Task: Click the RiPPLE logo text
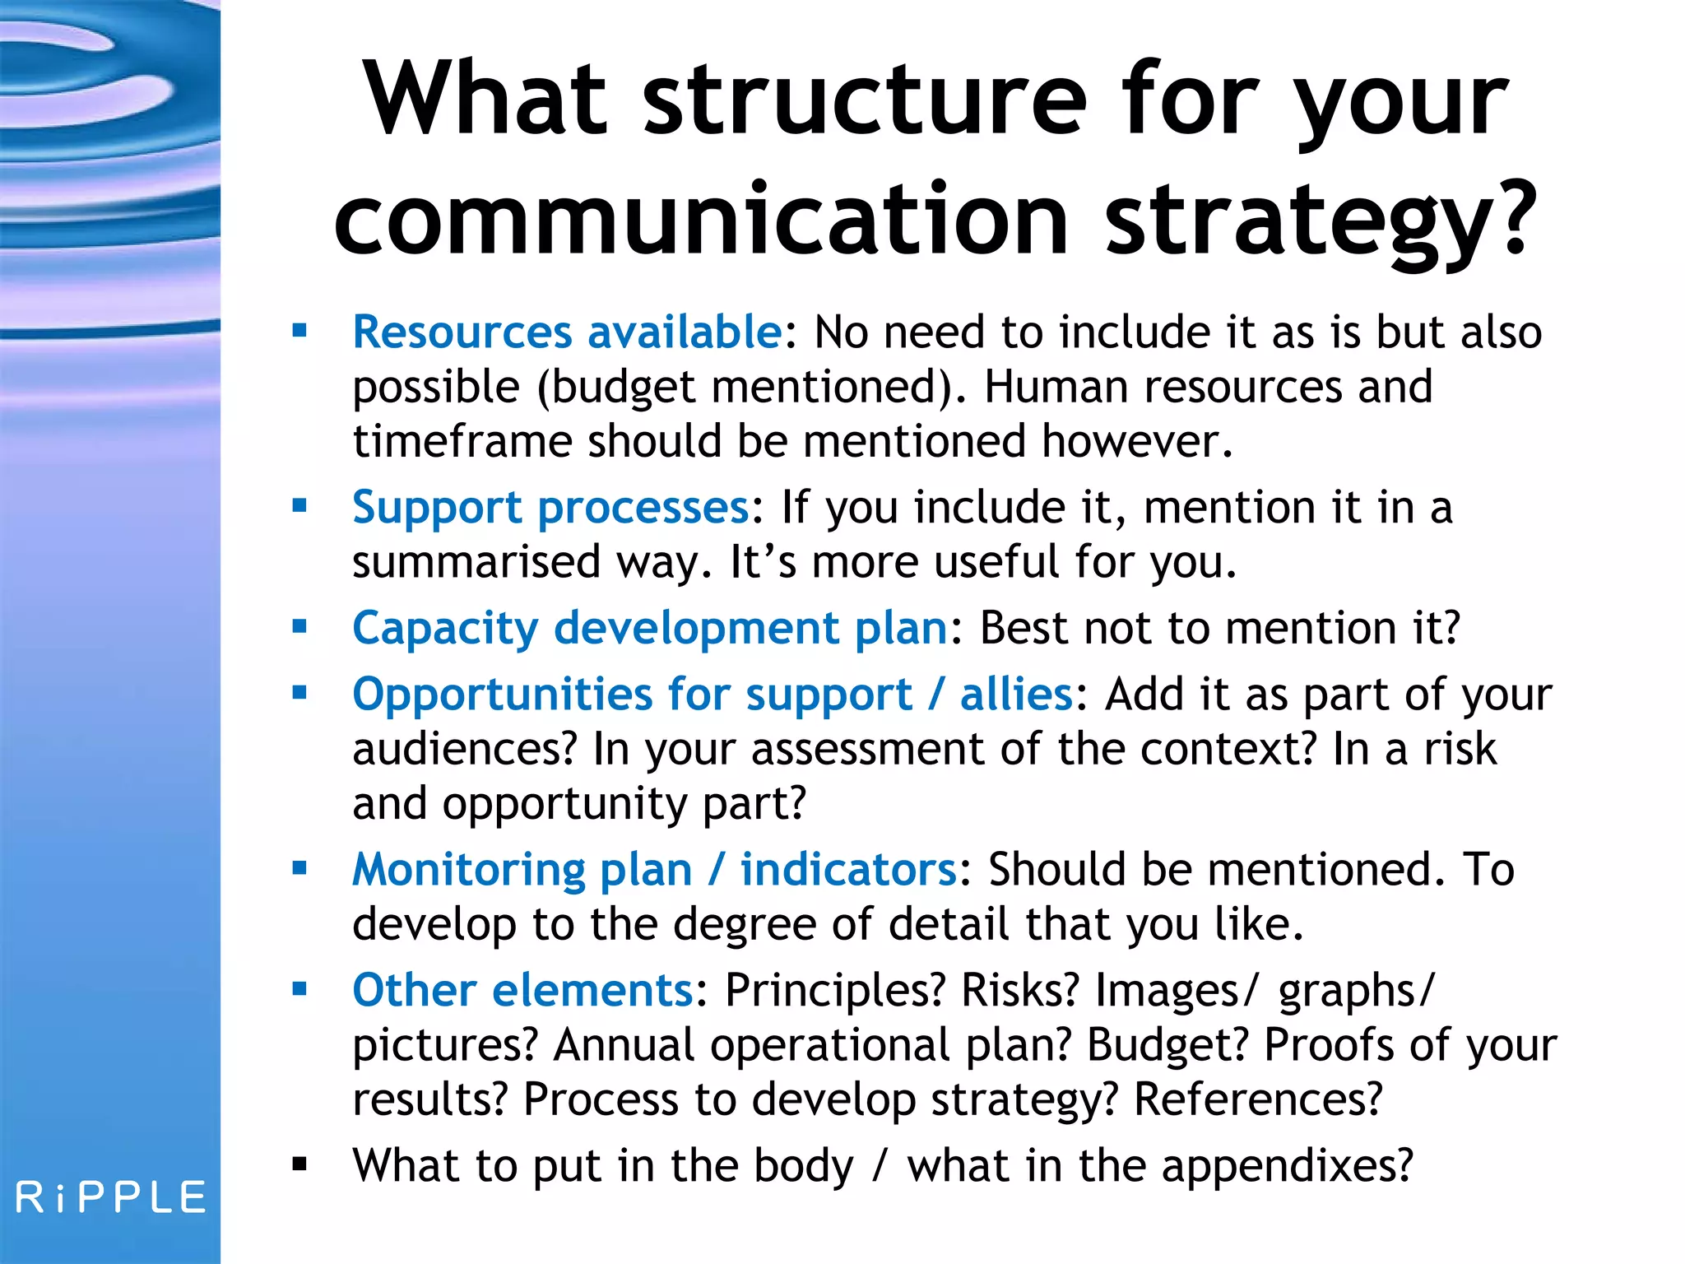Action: click(x=110, y=1197)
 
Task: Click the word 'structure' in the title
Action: click(x=865, y=100)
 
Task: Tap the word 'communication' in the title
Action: click(x=700, y=221)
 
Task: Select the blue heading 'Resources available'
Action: click(x=567, y=332)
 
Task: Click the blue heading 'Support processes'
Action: click(x=550, y=507)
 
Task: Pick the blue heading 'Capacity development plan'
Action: click(x=650, y=628)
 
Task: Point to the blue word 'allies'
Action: click(x=1016, y=694)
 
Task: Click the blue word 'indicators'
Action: click(x=848, y=869)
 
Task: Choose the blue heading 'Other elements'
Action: click(x=522, y=989)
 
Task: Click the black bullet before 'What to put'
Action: click(x=299, y=1164)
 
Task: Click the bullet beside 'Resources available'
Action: click(x=299, y=331)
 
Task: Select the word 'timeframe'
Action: click(x=462, y=441)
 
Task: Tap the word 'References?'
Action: click(x=1258, y=1099)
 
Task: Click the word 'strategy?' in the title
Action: click(x=1320, y=221)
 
